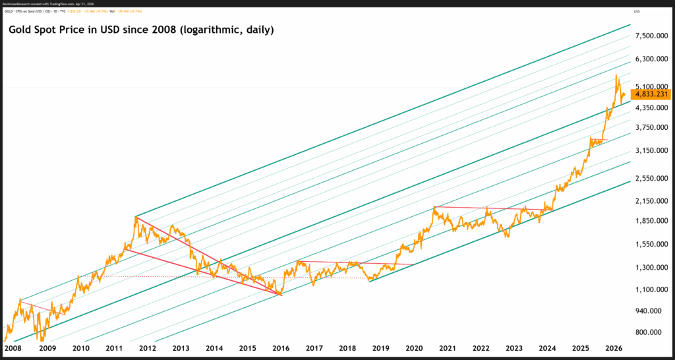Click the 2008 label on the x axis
13,347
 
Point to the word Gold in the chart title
19,30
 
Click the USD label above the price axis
637,13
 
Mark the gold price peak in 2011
136,216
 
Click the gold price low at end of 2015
281,294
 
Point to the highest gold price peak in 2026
616,75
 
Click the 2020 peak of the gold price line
434,207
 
